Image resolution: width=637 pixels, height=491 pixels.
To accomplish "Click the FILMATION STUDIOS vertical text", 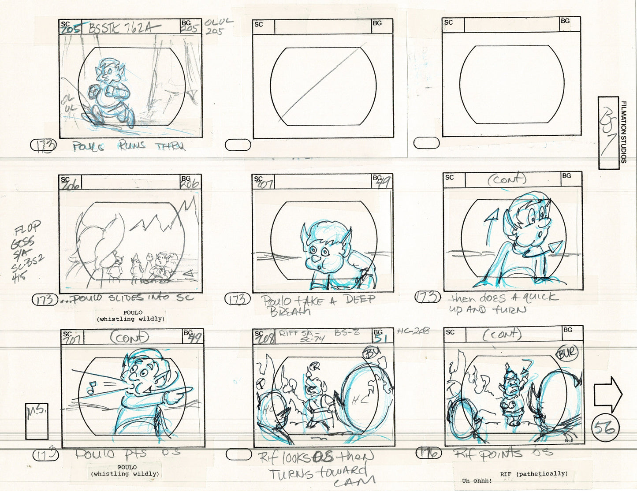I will [623, 132].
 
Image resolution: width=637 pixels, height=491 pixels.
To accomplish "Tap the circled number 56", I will [606, 427].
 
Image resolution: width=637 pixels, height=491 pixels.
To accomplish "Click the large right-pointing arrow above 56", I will [607, 395].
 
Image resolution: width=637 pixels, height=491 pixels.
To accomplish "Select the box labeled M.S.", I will [37, 421].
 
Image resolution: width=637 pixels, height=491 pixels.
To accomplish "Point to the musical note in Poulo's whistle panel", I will [92, 388].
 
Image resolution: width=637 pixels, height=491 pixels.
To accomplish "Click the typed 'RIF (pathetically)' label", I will [533, 473].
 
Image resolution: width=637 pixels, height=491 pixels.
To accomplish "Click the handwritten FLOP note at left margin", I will [27, 229].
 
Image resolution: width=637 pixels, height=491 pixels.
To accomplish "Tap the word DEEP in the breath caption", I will [360, 300].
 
